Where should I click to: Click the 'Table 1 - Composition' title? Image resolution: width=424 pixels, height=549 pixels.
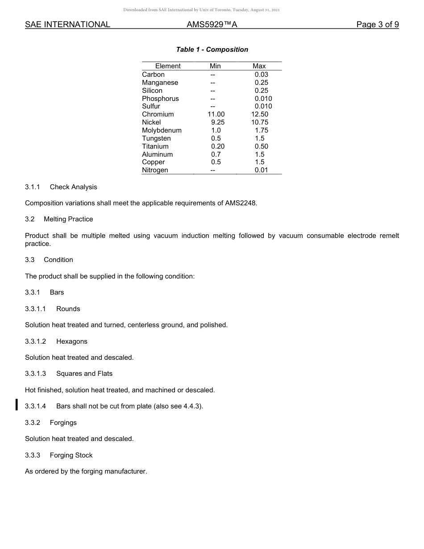(x=212, y=50)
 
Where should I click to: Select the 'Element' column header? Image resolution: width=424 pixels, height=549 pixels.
(x=168, y=66)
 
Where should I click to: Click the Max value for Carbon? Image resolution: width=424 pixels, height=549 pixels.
(x=261, y=75)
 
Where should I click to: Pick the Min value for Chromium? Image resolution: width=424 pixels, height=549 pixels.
(x=216, y=114)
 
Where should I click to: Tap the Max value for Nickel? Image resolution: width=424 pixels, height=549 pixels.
(x=260, y=122)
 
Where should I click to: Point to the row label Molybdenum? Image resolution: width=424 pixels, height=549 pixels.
(x=162, y=130)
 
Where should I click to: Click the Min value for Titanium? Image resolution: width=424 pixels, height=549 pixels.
(x=217, y=146)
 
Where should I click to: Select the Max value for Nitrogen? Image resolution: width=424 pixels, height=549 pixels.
(x=261, y=170)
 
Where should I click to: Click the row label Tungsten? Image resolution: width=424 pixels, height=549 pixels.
(x=156, y=138)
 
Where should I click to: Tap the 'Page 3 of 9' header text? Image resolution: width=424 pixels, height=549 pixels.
(x=377, y=25)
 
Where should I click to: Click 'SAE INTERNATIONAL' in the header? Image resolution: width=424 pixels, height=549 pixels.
(x=67, y=25)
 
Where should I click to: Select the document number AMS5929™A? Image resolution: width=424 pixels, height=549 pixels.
(x=212, y=25)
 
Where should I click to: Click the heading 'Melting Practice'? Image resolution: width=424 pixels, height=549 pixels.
(x=68, y=219)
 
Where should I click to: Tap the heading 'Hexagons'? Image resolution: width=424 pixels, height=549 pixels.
(x=71, y=341)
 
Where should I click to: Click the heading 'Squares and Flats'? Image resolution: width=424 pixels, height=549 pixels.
(x=84, y=374)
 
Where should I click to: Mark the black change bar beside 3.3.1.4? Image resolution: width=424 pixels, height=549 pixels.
(x=17, y=405)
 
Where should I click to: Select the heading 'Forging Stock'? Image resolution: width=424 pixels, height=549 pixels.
(x=71, y=455)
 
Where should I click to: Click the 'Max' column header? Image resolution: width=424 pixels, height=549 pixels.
(x=259, y=66)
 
